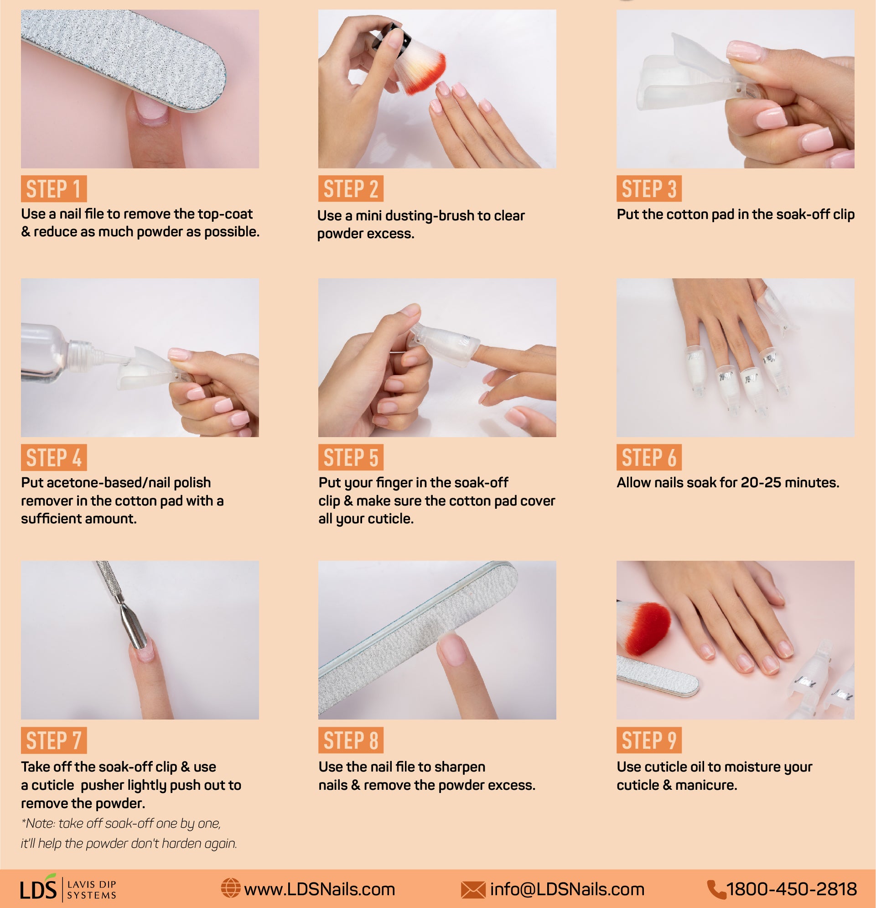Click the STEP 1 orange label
pos(54,189)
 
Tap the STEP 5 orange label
pos(351,458)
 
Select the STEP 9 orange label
pos(648,740)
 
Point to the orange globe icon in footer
pos(230,888)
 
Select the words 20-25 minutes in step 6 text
pos(789,483)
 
